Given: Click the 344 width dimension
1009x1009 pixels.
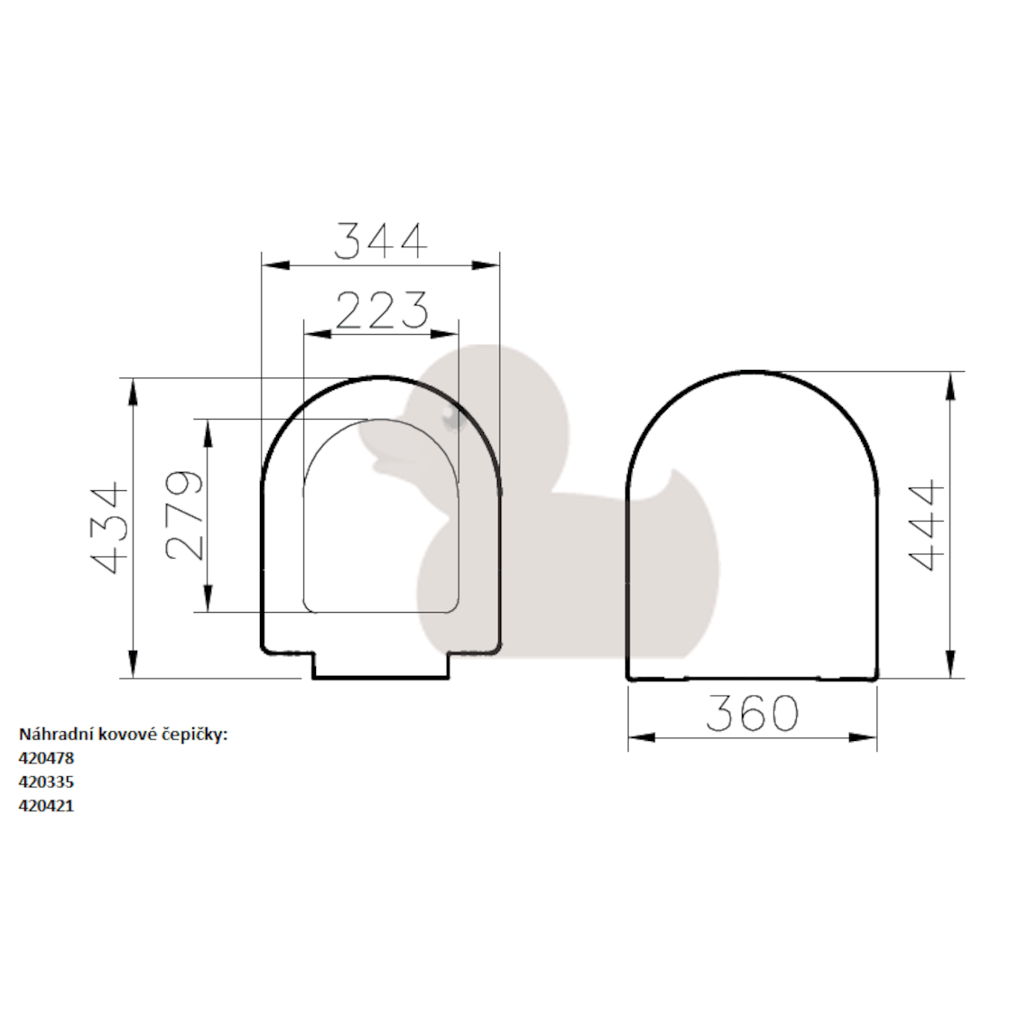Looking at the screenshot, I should click(380, 241).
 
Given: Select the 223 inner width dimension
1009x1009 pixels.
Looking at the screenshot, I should click(381, 310).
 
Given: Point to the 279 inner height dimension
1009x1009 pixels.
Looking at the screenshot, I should click(185, 515).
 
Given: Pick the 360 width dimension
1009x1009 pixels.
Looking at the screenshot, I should click(752, 714).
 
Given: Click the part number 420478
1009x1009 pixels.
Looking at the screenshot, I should click(46, 759).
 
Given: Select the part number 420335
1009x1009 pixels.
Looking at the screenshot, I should click(46, 782).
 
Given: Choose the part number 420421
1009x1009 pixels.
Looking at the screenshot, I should click(46, 806).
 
